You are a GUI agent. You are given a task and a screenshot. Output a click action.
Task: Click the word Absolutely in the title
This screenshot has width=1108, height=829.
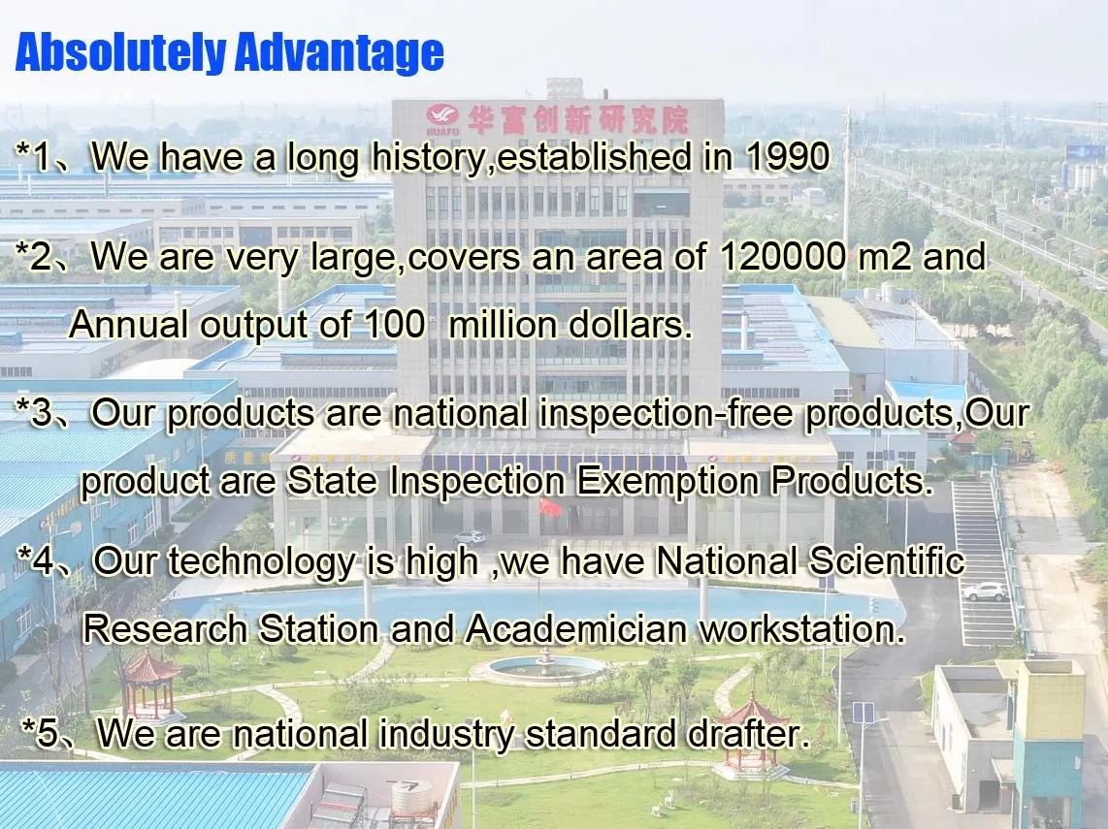coord(120,53)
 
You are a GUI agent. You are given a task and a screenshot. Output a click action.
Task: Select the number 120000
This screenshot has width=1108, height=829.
coord(782,256)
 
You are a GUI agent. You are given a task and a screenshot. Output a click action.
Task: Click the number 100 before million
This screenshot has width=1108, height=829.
coord(395,324)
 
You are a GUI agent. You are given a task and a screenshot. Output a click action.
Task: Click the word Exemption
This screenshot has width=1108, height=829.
coord(668,482)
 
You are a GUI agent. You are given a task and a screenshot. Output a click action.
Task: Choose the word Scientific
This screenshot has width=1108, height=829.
coord(887,561)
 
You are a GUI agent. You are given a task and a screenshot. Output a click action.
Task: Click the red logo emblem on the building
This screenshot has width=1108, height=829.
coord(443,115)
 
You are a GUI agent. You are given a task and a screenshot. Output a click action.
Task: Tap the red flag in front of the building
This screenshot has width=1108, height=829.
coord(550,506)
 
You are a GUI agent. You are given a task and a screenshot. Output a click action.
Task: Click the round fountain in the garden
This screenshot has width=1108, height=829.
coord(544,668)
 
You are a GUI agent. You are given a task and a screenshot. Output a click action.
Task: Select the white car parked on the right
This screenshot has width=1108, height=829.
coord(985,591)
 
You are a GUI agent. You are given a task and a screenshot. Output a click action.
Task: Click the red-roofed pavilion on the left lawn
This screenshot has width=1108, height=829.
coord(148,683)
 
